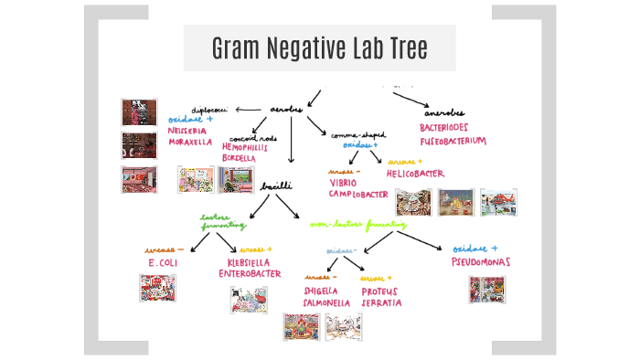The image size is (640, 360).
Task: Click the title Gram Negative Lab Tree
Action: (x=319, y=48)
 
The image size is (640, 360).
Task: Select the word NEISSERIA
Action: (x=189, y=131)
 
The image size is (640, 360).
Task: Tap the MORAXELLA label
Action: (x=190, y=143)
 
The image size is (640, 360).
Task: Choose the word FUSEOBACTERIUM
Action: (x=459, y=141)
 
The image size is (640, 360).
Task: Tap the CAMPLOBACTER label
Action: (x=359, y=195)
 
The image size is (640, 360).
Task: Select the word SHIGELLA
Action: (x=322, y=291)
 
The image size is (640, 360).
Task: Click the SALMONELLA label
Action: (x=327, y=302)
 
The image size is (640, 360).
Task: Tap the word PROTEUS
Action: (x=381, y=291)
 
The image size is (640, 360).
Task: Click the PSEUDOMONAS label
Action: (x=480, y=262)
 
